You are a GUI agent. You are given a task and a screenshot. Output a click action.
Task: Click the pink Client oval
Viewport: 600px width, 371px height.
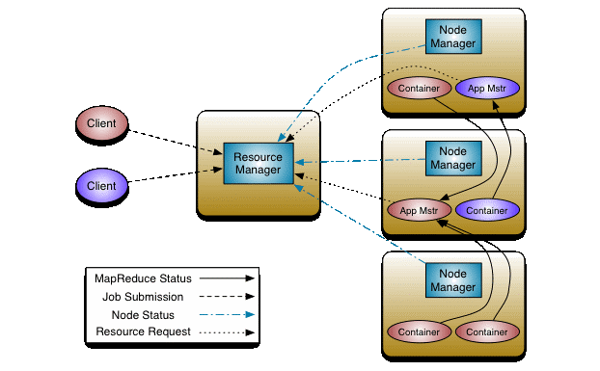tap(102, 123)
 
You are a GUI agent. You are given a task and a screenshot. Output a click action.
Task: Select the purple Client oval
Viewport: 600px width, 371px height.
tap(102, 185)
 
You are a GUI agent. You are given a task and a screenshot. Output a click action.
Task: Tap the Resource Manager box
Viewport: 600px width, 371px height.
tap(258, 163)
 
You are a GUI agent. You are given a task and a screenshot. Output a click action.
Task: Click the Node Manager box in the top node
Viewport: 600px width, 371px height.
tap(452, 37)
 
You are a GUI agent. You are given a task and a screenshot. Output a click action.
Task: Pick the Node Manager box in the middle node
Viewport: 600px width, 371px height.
tap(452, 159)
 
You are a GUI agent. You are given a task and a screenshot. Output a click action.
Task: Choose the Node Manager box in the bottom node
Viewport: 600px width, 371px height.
tap(452, 280)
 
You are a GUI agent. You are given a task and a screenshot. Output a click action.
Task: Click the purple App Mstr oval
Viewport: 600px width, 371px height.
tap(487, 89)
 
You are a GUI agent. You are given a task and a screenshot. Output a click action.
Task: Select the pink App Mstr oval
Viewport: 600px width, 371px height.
tap(419, 209)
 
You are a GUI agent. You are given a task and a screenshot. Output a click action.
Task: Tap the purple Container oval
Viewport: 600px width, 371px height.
tap(487, 209)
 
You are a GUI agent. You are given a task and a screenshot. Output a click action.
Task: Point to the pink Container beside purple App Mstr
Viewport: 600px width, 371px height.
tap(419, 89)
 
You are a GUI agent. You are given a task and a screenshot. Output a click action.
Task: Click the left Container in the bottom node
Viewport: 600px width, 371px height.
tap(419, 331)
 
